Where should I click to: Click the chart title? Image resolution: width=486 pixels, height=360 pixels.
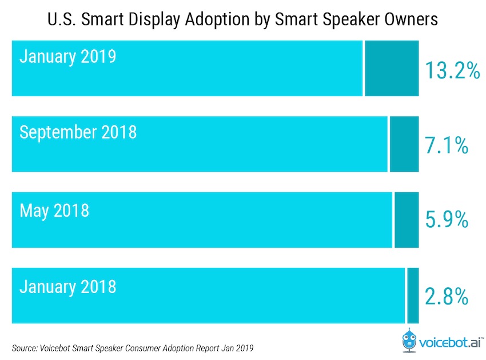click(243, 19)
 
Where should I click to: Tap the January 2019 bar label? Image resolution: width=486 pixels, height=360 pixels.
click(67, 57)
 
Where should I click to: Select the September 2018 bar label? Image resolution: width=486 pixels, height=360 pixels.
click(78, 133)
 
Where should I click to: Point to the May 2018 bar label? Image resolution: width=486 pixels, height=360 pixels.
click(54, 210)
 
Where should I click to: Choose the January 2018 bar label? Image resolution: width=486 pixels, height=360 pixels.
click(67, 286)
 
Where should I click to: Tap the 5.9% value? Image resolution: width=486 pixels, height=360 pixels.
click(447, 220)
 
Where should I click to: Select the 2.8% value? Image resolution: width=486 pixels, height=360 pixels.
click(447, 296)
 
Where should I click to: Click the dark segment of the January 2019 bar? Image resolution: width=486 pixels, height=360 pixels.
click(392, 69)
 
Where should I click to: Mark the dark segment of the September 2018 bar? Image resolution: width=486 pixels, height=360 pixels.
click(404, 144)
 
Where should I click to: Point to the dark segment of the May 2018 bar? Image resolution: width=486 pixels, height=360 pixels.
click(407, 220)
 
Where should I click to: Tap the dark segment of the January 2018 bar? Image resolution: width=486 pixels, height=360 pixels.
click(413, 296)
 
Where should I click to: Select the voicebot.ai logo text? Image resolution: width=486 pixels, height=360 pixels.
click(452, 343)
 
